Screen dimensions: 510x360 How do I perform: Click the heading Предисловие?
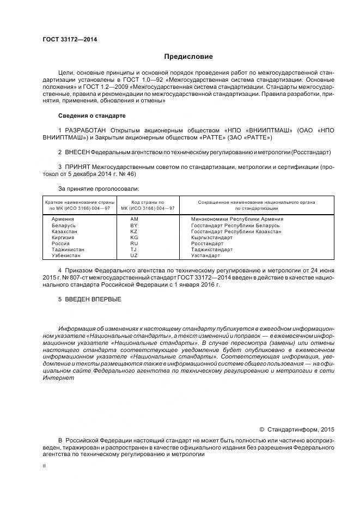(x=188, y=57)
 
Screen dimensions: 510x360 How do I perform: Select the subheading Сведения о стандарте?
(x=91, y=116)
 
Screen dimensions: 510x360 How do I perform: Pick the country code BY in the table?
(x=134, y=225)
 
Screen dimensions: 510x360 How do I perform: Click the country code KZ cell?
(x=134, y=231)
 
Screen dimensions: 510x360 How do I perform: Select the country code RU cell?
(x=134, y=243)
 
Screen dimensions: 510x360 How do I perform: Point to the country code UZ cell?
(x=134, y=255)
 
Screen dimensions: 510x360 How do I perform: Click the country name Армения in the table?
(x=63, y=219)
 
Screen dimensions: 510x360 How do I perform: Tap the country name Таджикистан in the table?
(x=68, y=249)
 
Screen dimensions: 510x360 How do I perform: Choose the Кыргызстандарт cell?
(x=212, y=237)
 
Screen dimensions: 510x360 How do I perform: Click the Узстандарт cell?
(x=205, y=255)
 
